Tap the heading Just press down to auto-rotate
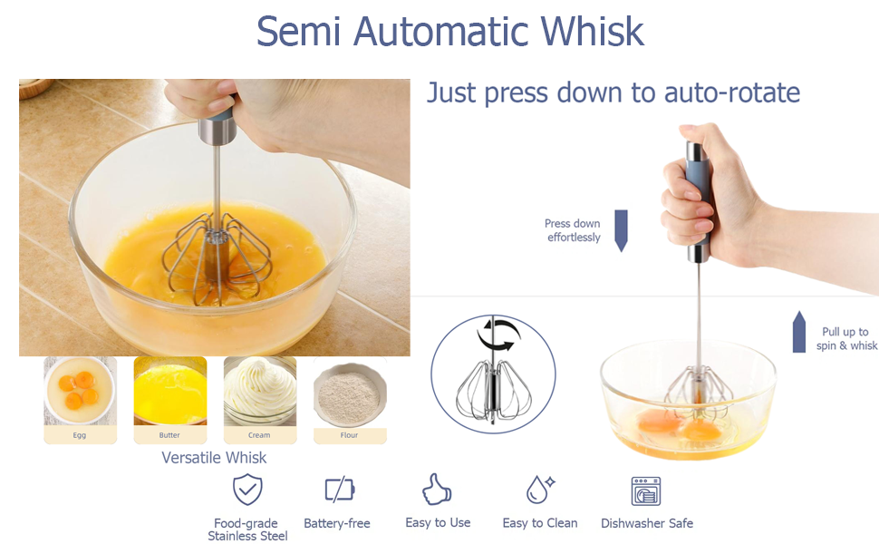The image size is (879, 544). coord(613,92)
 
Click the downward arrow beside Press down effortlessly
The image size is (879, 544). coord(621,230)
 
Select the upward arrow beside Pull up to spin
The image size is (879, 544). coord(799,331)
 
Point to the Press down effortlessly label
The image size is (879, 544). coord(573,230)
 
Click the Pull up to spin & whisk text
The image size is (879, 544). coord(845,338)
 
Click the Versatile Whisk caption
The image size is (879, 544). coord(214,458)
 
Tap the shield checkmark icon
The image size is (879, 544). coord(246,490)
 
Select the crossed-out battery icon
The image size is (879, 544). coord(339,491)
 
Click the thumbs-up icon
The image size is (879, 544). coord(437,490)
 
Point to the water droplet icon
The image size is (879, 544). coord(539,490)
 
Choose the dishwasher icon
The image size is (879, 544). coord(646,491)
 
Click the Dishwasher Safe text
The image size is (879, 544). coord(646,523)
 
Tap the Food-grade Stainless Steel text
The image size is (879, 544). coord(246,529)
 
